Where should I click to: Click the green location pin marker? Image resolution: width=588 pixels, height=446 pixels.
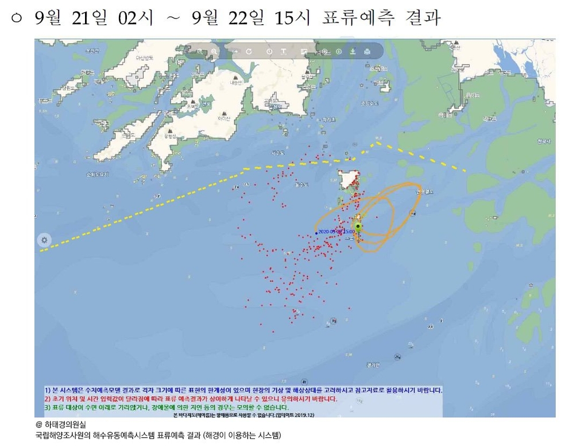click(x=358, y=227)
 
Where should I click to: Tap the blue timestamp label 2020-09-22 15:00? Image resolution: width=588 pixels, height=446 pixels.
click(x=336, y=232)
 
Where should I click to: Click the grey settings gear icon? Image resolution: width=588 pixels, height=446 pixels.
click(x=44, y=240)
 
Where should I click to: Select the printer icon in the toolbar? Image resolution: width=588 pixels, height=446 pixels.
click(x=367, y=52)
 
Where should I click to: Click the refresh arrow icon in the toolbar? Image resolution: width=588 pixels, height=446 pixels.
click(x=249, y=52)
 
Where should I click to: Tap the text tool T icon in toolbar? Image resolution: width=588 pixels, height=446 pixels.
click(x=284, y=52)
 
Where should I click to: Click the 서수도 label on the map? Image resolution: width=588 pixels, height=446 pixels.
click(x=279, y=153)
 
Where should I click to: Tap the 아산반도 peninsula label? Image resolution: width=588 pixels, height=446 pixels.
click(x=144, y=57)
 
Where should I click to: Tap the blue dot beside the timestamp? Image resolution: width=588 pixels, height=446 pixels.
click(x=316, y=233)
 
